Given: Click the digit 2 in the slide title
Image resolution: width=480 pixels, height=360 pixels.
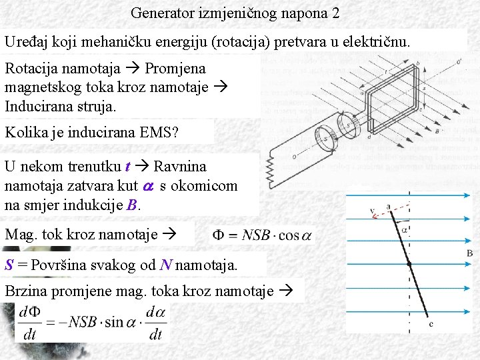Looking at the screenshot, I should pyautogui.click(x=335, y=13).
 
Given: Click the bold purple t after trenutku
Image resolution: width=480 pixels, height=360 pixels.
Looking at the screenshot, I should pyautogui.click(x=127, y=166).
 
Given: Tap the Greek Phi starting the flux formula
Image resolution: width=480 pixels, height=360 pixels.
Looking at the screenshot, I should pyautogui.click(x=220, y=235).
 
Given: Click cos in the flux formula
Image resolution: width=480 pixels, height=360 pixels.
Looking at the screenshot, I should pyautogui.click(x=288, y=235).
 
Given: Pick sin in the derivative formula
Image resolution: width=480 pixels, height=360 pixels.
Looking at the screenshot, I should pyautogui.click(x=114, y=322).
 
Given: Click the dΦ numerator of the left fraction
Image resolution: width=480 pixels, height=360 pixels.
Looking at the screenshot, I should pyautogui.click(x=31, y=311).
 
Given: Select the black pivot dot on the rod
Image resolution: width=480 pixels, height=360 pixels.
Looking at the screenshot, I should pyautogui.click(x=409, y=264).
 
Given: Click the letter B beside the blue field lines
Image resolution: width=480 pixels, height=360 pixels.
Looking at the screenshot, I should pyautogui.click(x=469, y=253).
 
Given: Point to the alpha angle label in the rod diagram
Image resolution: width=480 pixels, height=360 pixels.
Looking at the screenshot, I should pyautogui.click(x=405, y=230).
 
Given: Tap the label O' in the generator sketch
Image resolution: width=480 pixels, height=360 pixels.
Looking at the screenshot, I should pyautogui.click(x=459, y=62).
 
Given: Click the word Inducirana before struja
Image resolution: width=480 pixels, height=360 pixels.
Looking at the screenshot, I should pyautogui.click(x=33, y=105).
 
